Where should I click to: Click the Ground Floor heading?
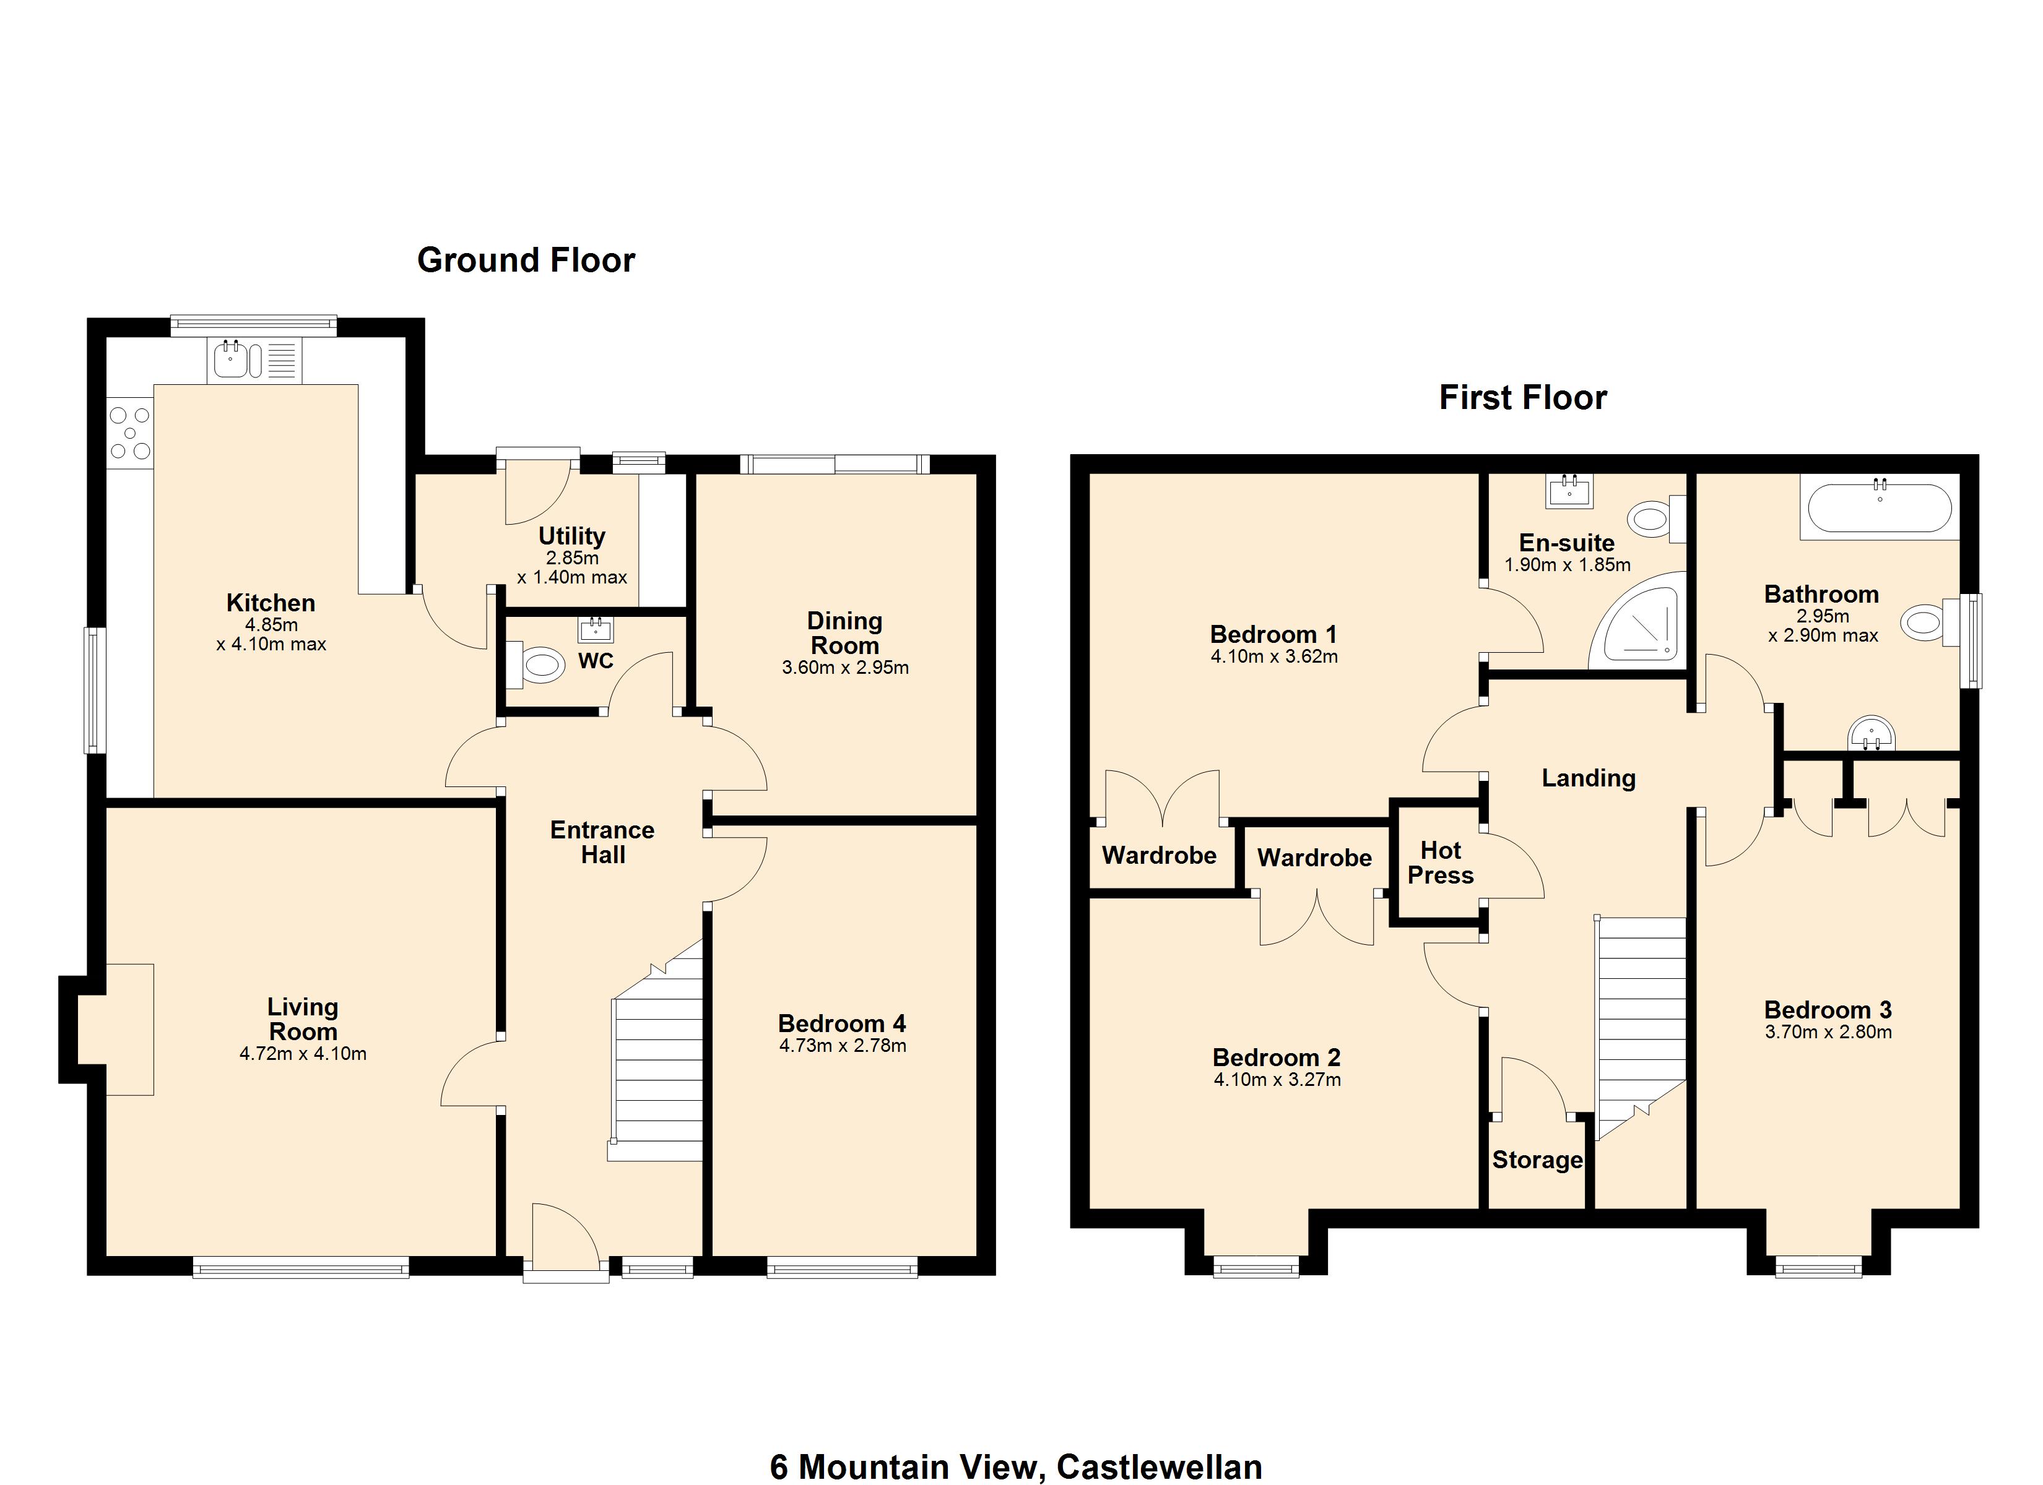tap(526, 260)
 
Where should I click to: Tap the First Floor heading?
tap(1522, 398)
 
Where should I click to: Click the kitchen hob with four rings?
tap(130, 433)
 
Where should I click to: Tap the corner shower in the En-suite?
tap(1636, 621)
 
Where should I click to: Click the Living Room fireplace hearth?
tap(129, 1030)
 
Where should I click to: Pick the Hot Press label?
tap(1441, 863)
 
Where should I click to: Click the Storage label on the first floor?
tap(1537, 1160)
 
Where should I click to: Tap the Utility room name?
tap(571, 536)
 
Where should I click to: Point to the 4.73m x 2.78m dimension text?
tap(842, 1046)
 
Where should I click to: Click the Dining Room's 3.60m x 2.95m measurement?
tap(845, 667)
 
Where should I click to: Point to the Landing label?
tap(1588, 778)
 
